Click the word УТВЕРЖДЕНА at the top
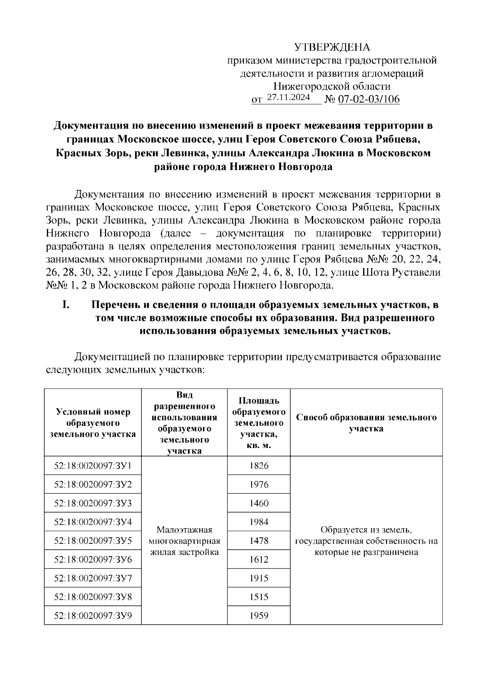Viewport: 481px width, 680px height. (332, 47)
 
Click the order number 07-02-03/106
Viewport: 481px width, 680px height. (369, 99)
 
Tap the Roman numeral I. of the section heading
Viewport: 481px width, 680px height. (66, 305)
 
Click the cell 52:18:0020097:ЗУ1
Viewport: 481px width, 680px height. (93, 466)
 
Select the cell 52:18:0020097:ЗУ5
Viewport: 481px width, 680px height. (93, 541)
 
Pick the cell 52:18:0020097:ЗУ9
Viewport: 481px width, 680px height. (93, 615)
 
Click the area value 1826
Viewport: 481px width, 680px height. (259, 466)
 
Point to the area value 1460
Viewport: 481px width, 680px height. (259, 503)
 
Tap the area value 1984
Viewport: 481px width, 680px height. (259, 522)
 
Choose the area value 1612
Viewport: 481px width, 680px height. (259, 559)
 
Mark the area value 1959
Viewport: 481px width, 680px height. (259, 615)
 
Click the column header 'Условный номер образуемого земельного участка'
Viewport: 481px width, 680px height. (93, 423)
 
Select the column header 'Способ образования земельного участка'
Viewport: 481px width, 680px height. (366, 423)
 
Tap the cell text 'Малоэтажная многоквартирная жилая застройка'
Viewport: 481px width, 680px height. (184, 541)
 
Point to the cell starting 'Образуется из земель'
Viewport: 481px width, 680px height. (366, 541)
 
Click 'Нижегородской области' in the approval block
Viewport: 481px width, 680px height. (331, 86)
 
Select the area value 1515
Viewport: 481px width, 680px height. (259, 597)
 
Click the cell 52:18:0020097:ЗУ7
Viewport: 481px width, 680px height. (93, 578)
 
